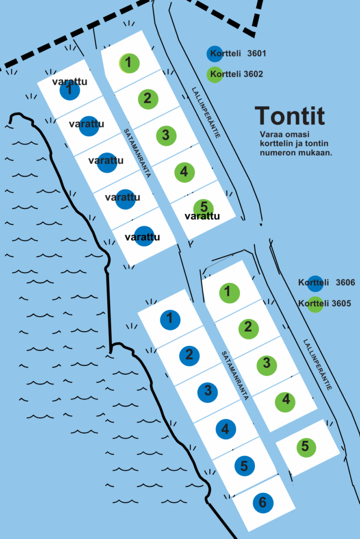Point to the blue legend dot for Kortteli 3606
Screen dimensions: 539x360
[316, 283]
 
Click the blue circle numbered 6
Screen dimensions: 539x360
[262, 503]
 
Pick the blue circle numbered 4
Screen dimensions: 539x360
[226, 429]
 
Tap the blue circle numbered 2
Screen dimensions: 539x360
[189, 355]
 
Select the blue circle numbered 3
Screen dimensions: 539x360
[208, 391]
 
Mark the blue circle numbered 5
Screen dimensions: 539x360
[244, 466]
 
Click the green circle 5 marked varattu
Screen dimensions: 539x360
[203, 209]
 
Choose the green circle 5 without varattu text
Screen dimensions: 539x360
[305, 447]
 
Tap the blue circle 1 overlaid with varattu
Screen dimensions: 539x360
[70, 90]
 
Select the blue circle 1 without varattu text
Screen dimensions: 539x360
[170, 319]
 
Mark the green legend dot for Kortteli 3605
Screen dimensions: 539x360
[316, 304]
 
